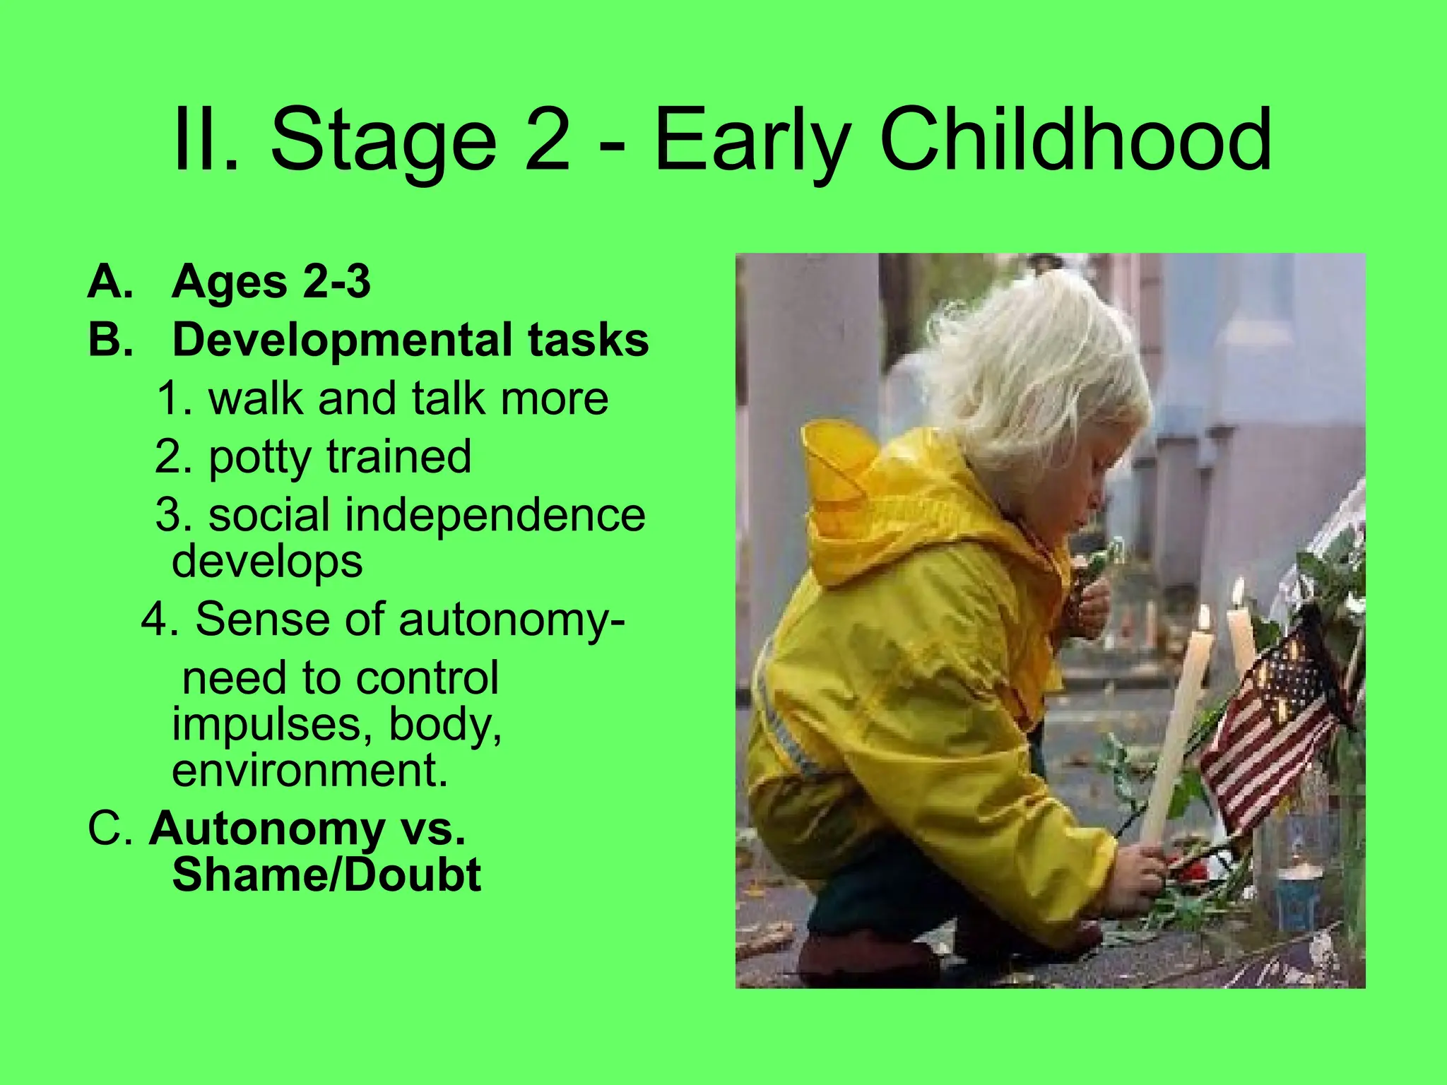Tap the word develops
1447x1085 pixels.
pos(267,562)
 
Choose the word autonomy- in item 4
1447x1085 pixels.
pos(512,619)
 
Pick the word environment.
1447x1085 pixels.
pos(309,770)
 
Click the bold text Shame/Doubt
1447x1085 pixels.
pos(326,874)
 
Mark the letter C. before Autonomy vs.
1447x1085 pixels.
pos(110,828)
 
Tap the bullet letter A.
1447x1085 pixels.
pos(110,282)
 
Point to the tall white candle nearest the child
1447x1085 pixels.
pos(1176,728)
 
